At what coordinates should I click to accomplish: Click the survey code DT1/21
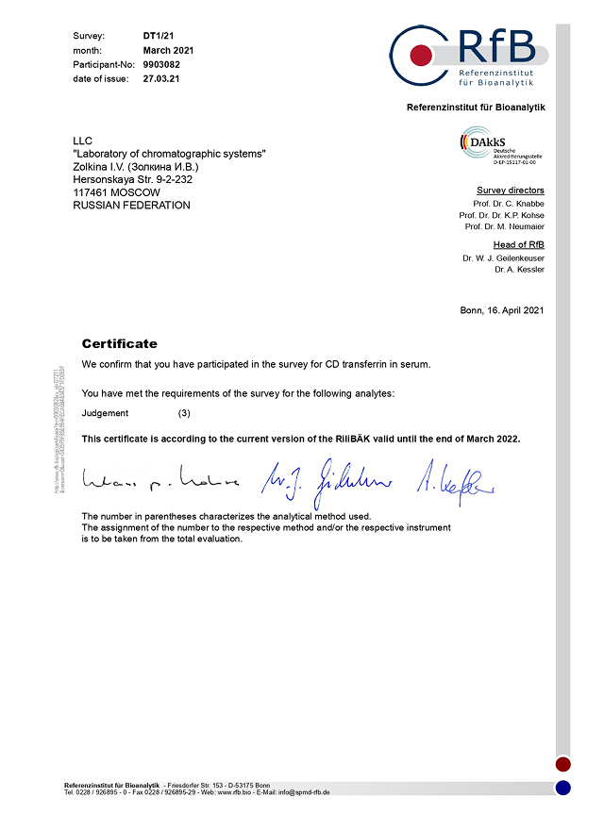(159, 36)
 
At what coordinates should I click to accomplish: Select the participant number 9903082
(161, 64)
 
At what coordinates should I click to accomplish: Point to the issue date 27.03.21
(161, 78)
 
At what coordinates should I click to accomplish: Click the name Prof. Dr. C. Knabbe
(508, 204)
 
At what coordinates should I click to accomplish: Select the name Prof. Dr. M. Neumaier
(504, 226)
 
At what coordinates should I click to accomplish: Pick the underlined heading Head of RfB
(518, 245)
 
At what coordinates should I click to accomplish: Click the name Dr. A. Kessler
(519, 270)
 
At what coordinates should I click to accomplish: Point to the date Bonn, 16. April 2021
(501, 310)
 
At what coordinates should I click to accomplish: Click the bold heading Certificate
(119, 343)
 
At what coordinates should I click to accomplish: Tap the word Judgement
(105, 413)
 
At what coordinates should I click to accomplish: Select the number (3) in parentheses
(184, 413)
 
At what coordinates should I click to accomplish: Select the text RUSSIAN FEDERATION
(131, 205)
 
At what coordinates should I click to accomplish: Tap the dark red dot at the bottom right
(563, 764)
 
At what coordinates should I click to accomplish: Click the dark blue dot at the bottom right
(563, 788)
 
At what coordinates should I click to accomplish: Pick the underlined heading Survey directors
(511, 191)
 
